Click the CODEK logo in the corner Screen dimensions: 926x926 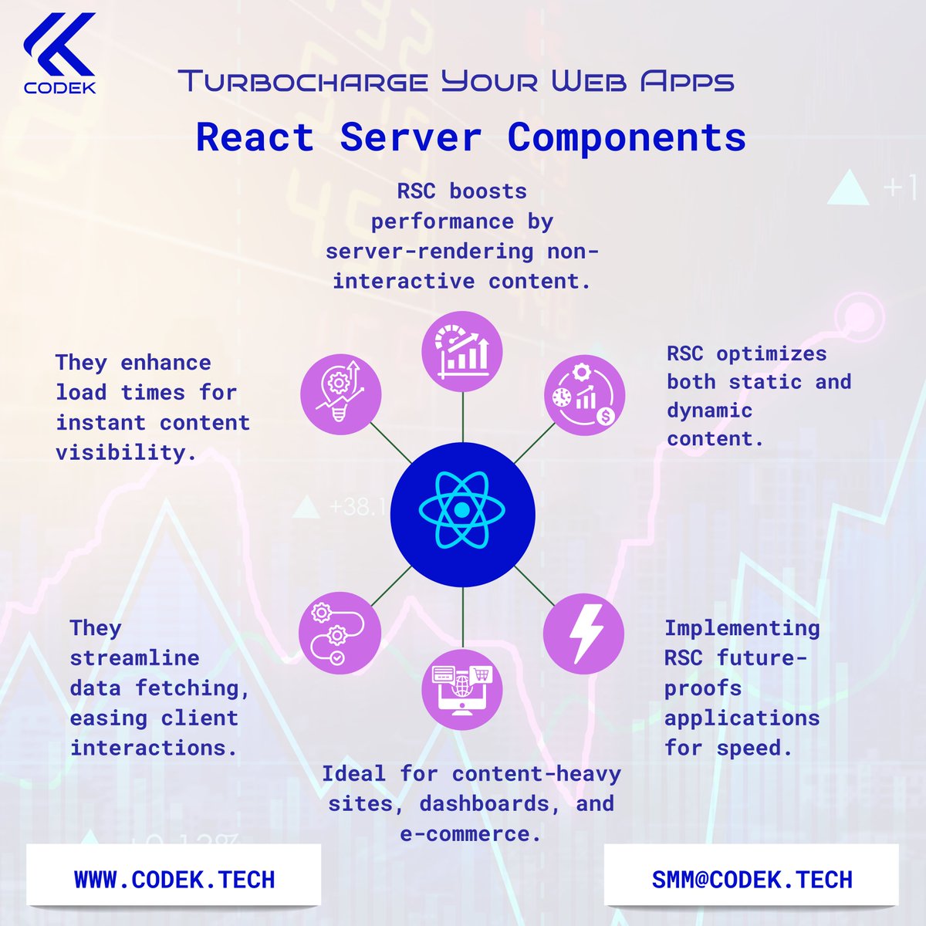[x=59, y=52]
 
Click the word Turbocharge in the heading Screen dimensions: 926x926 [x=303, y=81]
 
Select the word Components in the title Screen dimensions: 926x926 [x=627, y=138]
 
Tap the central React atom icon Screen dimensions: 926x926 [x=462, y=510]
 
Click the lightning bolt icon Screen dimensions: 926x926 [x=583, y=634]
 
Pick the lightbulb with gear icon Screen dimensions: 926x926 [x=340, y=393]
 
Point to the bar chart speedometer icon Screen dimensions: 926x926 [x=462, y=351]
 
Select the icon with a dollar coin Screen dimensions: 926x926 [x=584, y=395]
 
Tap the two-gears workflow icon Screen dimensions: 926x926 [x=340, y=633]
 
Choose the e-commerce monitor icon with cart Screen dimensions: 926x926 [x=462, y=688]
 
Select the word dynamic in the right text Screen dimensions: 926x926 [x=709, y=411]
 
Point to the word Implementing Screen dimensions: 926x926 [x=742, y=628]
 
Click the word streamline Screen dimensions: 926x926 [x=134, y=658]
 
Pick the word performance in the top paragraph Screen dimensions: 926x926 [x=442, y=221]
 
